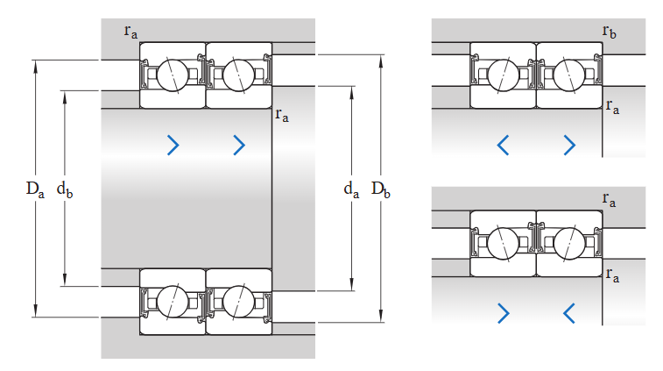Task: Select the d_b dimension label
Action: [64, 189]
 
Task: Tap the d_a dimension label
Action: [351, 189]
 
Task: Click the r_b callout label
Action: [610, 32]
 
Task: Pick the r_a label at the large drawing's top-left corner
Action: [130, 32]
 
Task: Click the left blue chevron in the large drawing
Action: [173, 145]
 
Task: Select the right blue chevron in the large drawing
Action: [239, 145]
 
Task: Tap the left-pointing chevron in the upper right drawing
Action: [503, 144]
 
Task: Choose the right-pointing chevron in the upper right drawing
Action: [569, 144]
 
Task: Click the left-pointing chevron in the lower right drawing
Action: [569, 311]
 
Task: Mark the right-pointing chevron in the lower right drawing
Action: [503, 311]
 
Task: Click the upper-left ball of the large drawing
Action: [171, 75]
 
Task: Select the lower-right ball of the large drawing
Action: [237, 302]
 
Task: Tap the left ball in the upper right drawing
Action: [502, 75]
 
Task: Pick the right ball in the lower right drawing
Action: [568, 243]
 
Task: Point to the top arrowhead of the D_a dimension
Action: [36, 64]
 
